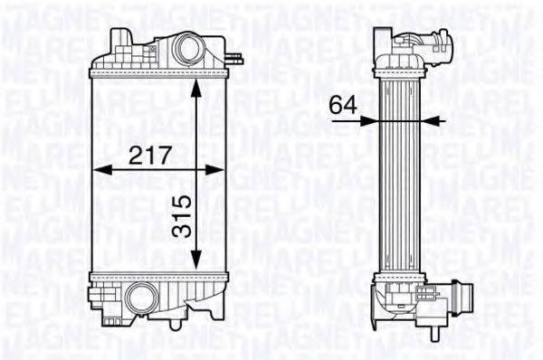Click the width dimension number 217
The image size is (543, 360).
pyautogui.click(x=150, y=155)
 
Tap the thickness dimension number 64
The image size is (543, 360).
pyautogui.click(x=341, y=105)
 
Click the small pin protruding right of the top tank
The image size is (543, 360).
pyautogui.click(x=236, y=58)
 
